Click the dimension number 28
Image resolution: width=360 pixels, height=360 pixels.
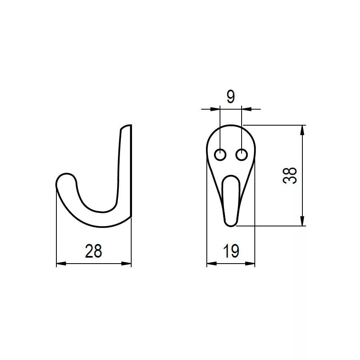(94, 251)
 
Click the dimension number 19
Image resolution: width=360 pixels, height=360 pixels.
(231, 251)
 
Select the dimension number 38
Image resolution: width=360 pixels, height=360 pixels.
(290, 176)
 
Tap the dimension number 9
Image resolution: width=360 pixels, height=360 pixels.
(231, 97)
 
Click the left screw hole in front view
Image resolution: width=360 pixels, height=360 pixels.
(220, 155)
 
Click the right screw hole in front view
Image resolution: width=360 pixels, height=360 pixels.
(242, 155)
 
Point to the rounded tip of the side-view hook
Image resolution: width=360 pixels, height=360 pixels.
(66, 174)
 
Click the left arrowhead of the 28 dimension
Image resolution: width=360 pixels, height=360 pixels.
(61, 264)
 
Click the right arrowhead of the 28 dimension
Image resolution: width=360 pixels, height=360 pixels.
(126, 264)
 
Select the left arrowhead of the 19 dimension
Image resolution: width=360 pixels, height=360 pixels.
(212, 264)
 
